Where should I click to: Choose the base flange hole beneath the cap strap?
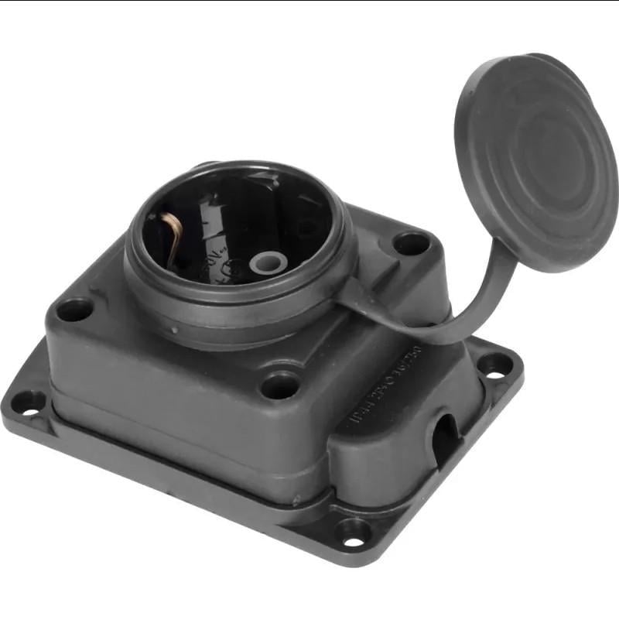pos(495,365)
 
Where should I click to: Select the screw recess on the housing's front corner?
pos(279,384)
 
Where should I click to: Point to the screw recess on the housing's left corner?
pos(74,310)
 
